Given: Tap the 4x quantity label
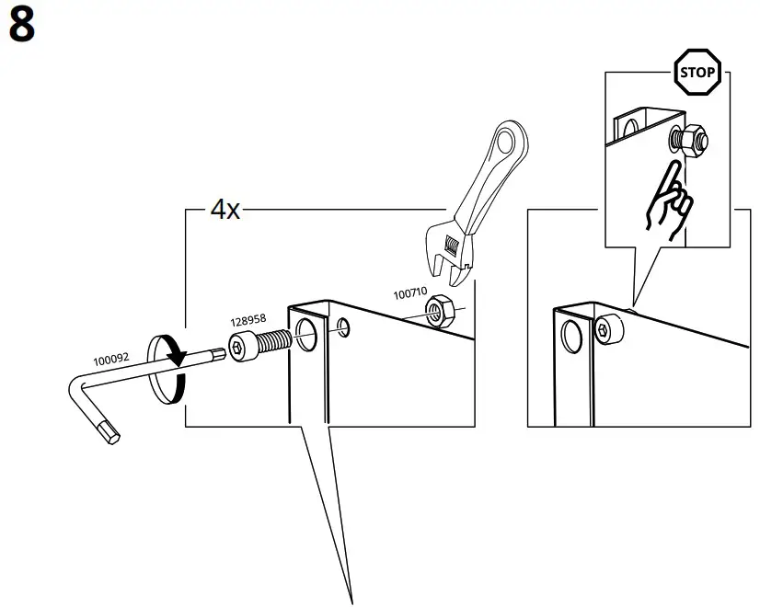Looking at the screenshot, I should pyautogui.click(x=225, y=210).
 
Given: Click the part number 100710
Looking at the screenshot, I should pyautogui.click(x=410, y=293).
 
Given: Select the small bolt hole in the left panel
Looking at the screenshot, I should pyautogui.click(x=343, y=326).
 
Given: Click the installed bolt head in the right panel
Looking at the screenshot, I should pyautogui.click(x=607, y=329).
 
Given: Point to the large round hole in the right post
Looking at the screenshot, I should pyautogui.click(x=571, y=337).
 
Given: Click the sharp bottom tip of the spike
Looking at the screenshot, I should pyautogui.click(x=351, y=601).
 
